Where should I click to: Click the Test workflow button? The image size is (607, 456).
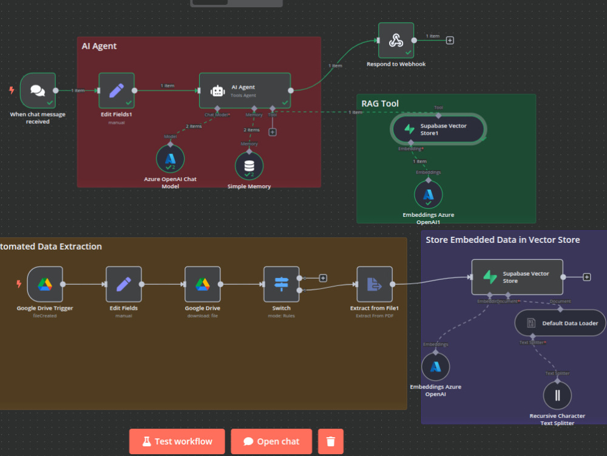coord(177,441)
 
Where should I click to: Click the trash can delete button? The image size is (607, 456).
coord(330,441)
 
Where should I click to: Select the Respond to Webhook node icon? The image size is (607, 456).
coord(396,41)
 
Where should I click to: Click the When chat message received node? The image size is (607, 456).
coord(38,90)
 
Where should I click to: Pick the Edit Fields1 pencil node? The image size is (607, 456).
coord(117,90)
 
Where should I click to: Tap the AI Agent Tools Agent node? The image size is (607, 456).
coord(245,90)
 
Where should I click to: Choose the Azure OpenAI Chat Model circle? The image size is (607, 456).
coord(170,158)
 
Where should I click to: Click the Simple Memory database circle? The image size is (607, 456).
coord(249,166)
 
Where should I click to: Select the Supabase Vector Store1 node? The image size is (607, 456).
coord(438,129)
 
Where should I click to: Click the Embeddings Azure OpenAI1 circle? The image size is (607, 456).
coord(429,195)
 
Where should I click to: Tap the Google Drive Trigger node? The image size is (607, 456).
coord(45,284)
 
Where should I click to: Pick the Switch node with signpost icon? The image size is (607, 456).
coord(281,284)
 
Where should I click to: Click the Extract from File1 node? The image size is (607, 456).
coord(375,284)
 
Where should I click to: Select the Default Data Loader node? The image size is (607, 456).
coord(560,323)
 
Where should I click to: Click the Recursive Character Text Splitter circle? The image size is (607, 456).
coord(557,396)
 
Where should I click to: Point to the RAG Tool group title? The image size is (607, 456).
coord(380,104)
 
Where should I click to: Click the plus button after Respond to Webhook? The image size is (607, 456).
coord(450,41)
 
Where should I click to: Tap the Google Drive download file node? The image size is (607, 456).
coord(203,284)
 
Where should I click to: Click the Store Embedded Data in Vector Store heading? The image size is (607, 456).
coord(503,240)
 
